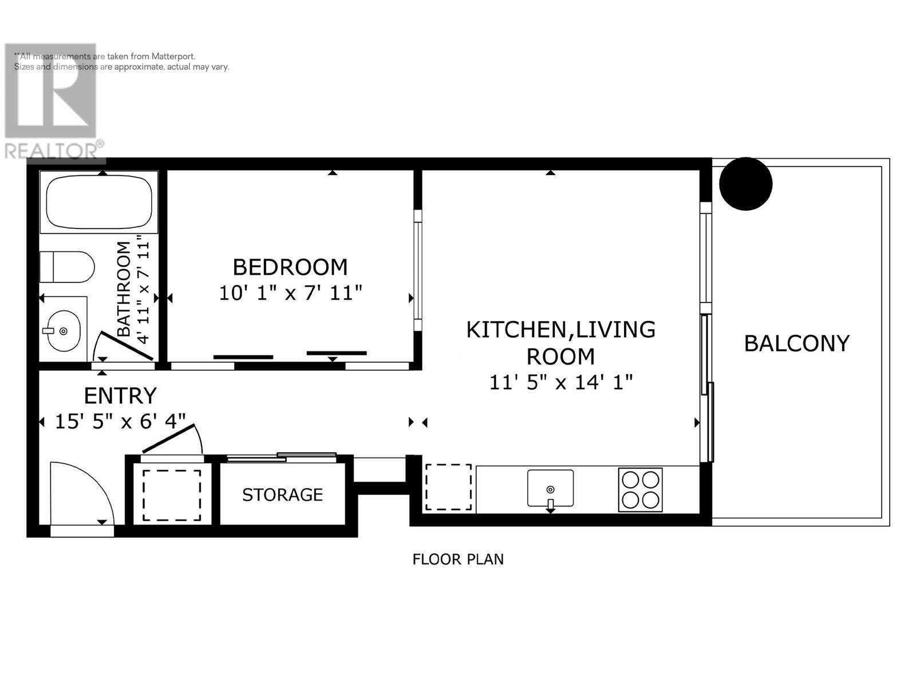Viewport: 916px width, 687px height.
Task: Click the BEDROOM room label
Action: [290, 267]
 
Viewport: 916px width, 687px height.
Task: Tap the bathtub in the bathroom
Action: [99, 202]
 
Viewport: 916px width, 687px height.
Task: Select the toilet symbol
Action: [67, 267]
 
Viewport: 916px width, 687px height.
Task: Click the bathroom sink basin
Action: [64, 331]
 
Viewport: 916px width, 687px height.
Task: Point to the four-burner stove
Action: [640, 489]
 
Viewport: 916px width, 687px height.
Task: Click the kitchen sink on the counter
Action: [550, 488]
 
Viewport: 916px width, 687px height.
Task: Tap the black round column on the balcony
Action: [746, 184]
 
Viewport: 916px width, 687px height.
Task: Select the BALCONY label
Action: [797, 343]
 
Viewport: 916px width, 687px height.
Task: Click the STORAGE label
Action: [282, 495]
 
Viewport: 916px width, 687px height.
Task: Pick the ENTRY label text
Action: [120, 396]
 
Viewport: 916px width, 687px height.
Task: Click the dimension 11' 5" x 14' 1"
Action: [561, 382]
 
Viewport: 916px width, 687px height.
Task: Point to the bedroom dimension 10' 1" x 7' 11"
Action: [290, 293]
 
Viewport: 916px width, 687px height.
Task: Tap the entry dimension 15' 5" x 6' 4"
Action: [120, 421]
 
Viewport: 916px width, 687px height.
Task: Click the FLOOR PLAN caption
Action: [458, 559]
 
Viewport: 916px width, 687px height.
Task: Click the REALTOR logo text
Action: [51, 151]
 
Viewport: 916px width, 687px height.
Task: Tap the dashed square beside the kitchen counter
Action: [449, 487]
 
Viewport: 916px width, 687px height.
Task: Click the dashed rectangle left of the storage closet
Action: [172, 496]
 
